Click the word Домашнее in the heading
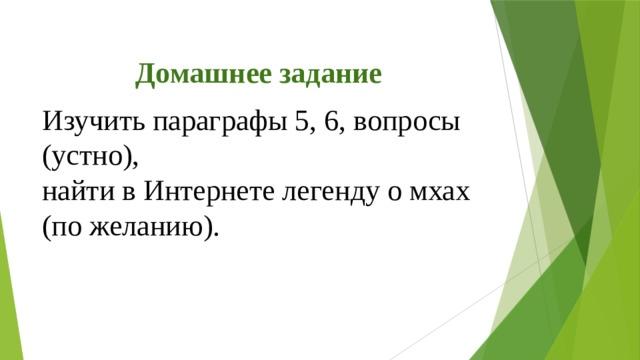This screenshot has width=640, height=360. (196, 75)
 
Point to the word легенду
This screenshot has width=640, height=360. (344, 192)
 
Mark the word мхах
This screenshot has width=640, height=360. (447, 192)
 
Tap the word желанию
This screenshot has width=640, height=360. (151, 226)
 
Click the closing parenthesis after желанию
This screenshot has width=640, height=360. (209, 227)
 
